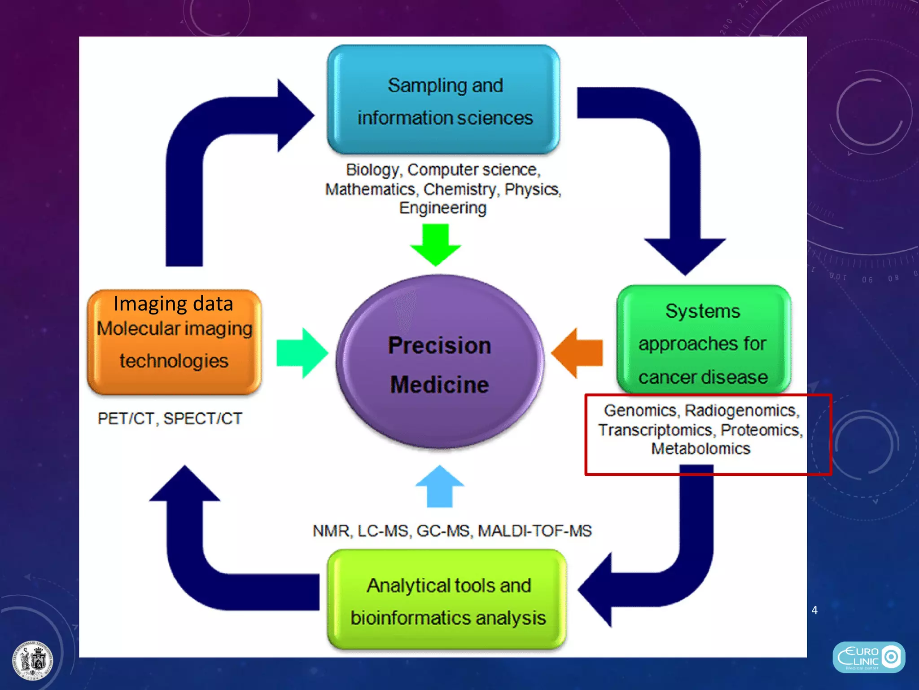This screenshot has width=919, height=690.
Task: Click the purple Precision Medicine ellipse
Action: click(440, 362)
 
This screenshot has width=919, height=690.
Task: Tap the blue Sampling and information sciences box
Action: click(443, 100)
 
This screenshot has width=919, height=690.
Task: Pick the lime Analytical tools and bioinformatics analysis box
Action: click(447, 600)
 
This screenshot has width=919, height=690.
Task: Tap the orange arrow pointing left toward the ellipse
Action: click(577, 353)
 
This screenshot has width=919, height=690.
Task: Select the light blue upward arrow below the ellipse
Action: click(440, 487)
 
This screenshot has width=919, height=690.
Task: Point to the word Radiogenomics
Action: click(741, 411)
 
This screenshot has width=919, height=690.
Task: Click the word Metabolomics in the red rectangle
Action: click(700, 449)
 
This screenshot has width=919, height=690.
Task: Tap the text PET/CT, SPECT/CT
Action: click(170, 419)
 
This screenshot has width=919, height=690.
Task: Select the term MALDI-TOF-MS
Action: click(534, 531)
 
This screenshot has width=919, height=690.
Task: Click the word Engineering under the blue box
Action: click(443, 208)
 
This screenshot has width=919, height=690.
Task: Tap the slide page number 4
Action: click(814, 610)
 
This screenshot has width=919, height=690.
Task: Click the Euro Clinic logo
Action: click(868, 657)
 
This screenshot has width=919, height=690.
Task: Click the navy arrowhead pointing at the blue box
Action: click(294, 115)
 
